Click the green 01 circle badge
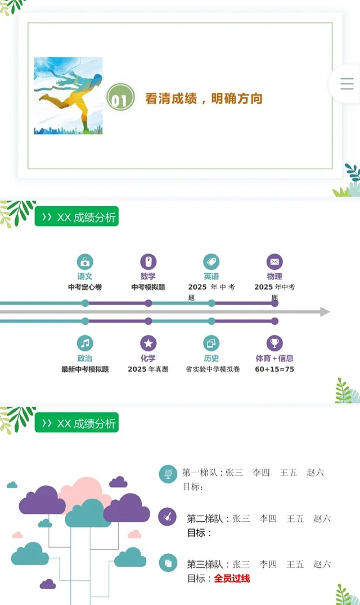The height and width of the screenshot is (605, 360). [x=120, y=98]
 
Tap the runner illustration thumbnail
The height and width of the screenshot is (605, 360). [x=68, y=96]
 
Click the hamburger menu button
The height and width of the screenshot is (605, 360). [x=347, y=84]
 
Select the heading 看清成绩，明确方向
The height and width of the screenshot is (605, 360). [x=204, y=98]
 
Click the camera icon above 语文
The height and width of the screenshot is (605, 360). [x=85, y=261]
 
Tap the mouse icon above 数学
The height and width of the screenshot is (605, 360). [x=148, y=261]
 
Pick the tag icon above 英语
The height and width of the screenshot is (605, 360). [x=211, y=261]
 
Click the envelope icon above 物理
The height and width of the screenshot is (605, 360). [x=274, y=261]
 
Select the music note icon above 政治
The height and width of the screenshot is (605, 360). [x=85, y=343]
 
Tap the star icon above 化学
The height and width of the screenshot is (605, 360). [x=148, y=343]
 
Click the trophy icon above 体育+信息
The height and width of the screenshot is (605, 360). [x=274, y=343]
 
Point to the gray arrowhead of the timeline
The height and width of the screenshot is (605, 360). [x=325, y=311]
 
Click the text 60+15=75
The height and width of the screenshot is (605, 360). [x=274, y=369]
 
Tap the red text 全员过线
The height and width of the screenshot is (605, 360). [x=232, y=578]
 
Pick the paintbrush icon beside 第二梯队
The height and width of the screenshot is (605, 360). [x=168, y=516]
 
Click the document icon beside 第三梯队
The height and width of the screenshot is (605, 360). [x=168, y=562]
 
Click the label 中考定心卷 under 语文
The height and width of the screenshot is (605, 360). [x=85, y=287]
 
